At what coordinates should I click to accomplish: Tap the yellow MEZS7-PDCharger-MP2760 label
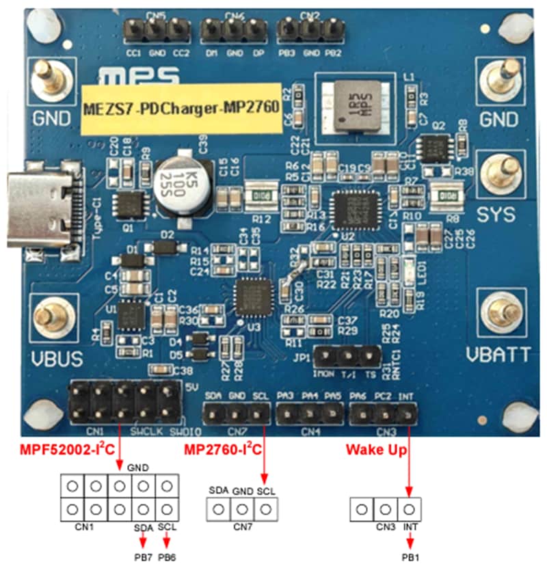181,106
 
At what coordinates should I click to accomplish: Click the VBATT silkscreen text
498,354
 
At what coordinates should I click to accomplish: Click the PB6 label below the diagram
166,557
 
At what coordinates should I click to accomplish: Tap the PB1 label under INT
410,557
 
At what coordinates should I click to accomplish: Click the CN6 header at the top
234,29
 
